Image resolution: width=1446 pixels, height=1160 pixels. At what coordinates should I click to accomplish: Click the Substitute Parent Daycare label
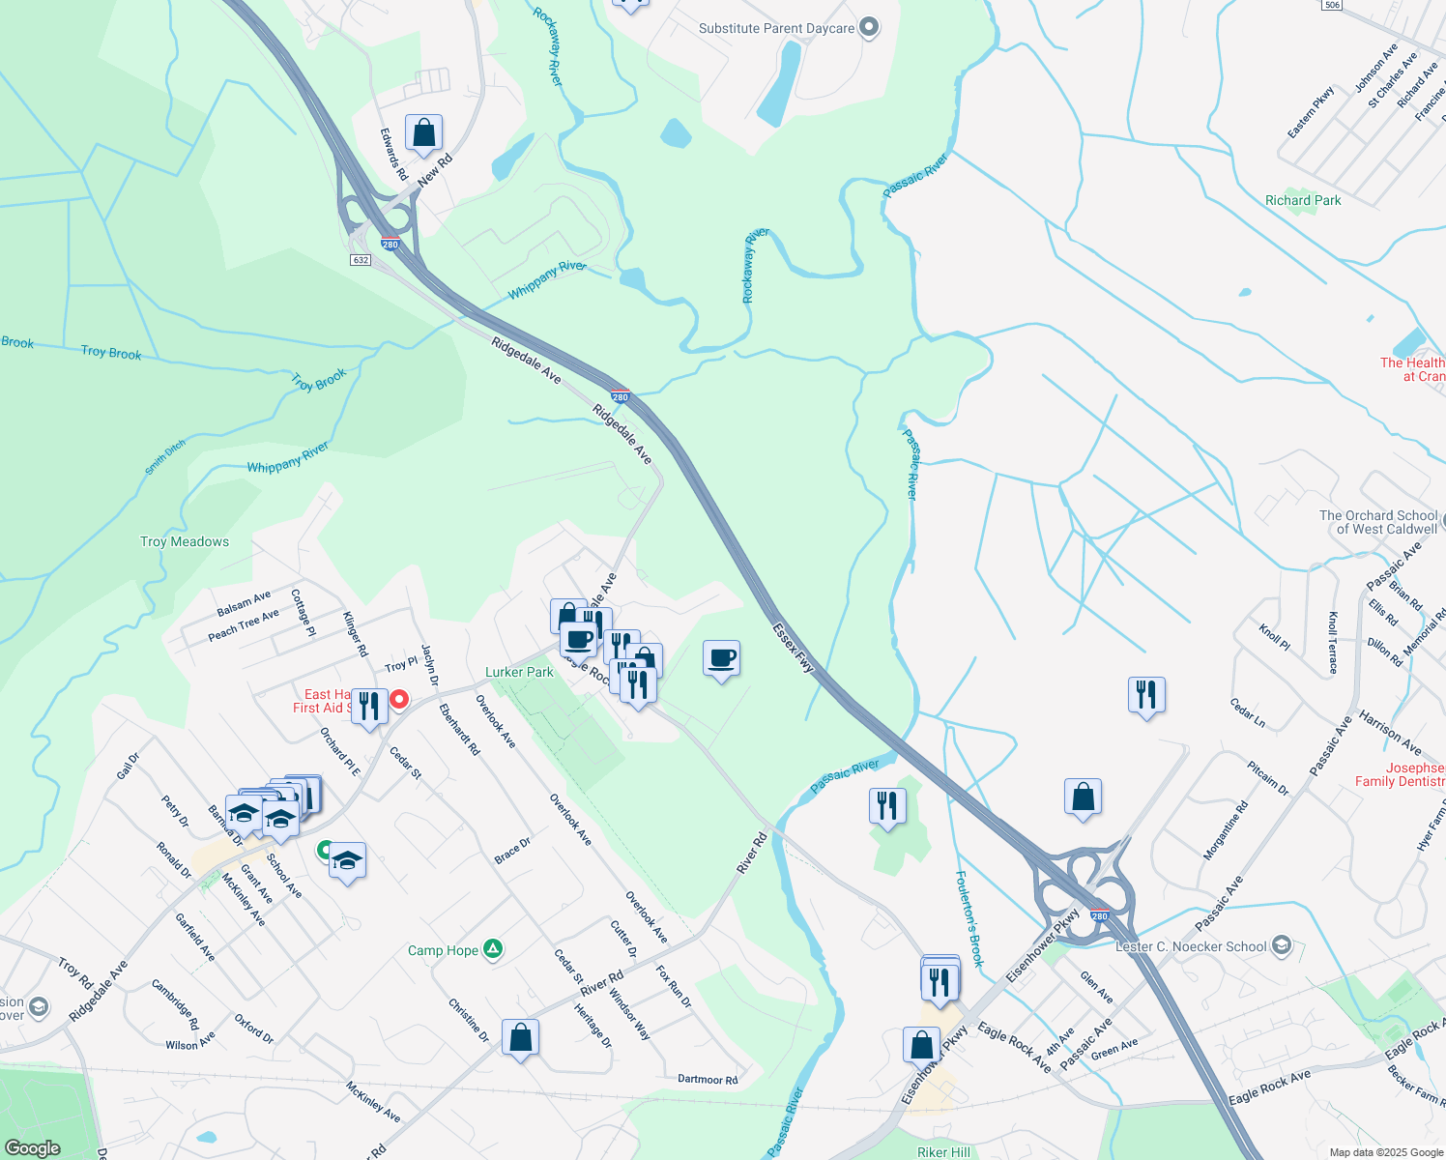click(x=776, y=28)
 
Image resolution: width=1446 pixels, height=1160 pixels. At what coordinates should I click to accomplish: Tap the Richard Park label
click(x=1303, y=200)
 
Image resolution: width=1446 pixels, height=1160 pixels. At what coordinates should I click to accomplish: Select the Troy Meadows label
click(x=185, y=541)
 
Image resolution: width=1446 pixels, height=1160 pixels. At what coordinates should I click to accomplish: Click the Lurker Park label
click(x=519, y=672)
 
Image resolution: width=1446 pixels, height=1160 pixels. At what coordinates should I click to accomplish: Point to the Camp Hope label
click(x=443, y=950)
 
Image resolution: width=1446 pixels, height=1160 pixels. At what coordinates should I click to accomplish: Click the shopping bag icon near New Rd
click(x=423, y=134)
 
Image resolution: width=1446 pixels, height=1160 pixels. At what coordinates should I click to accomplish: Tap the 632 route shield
click(x=361, y=260)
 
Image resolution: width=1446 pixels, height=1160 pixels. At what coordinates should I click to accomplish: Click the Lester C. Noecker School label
click(x=1191, y=946)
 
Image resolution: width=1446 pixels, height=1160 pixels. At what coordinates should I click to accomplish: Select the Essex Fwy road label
click(x=793, y=648)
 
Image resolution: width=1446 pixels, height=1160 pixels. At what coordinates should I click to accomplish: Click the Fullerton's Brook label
click(x=969, y=918)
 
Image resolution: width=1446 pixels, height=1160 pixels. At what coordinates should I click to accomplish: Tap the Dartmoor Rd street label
click(x=708, y=1080)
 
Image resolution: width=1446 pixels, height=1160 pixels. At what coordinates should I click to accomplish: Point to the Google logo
click(x=33, y=1147)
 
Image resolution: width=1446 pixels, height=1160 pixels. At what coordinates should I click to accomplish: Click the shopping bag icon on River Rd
click(x=520, y=1038)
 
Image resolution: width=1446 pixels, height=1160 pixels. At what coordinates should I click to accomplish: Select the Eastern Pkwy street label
click(x=1311, y=112)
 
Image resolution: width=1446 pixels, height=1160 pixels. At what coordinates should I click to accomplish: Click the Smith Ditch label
click(x=165, y=457)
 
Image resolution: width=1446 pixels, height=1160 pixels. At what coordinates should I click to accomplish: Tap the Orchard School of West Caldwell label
click(x=1378, y=522)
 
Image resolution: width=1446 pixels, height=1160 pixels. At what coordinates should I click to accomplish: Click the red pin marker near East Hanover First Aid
click(x=398, y=699)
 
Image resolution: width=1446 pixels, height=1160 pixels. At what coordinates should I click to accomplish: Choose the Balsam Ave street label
click(x=244, y=604)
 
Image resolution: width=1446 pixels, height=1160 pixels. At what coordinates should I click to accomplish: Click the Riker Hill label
click(x=943, y=1152)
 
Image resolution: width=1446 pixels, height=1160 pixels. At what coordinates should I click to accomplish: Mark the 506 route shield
click(x=1332, y=5)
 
